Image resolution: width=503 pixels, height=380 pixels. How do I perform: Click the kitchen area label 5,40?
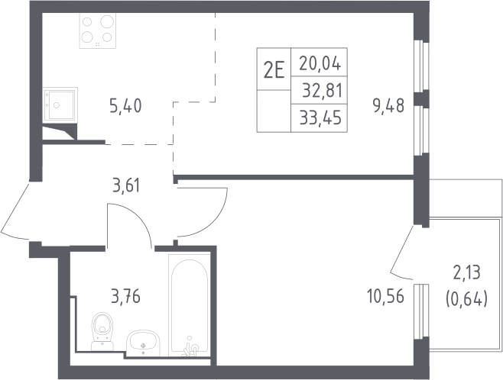(x=125, y=106)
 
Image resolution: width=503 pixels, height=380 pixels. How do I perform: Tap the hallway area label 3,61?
(x=126, y=186)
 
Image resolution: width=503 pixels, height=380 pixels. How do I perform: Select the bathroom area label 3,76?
(x=125, y=296)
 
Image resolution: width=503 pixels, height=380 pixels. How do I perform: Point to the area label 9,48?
(x=388, y=105)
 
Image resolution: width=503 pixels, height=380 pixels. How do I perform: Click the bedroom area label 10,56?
(x=385, y=296)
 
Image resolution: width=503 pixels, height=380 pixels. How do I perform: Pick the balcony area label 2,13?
(x=467, y=273)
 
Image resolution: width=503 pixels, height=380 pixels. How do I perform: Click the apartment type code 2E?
(x=274, y=71)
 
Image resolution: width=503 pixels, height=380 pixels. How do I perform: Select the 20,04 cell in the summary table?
(x=320, y=63)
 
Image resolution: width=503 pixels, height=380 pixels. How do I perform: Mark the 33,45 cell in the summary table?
(x=320, y=118)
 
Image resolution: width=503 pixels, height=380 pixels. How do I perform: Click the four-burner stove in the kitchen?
(x=98, y=31)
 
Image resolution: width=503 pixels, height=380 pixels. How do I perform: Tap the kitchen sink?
(x=60, y=105)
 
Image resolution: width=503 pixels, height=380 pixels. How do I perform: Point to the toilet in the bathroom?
(x=102, y=331)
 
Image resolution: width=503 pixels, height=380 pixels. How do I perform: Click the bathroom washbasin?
(x=144, y=343)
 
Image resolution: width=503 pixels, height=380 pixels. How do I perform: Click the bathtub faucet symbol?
(x=190, y=347)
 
